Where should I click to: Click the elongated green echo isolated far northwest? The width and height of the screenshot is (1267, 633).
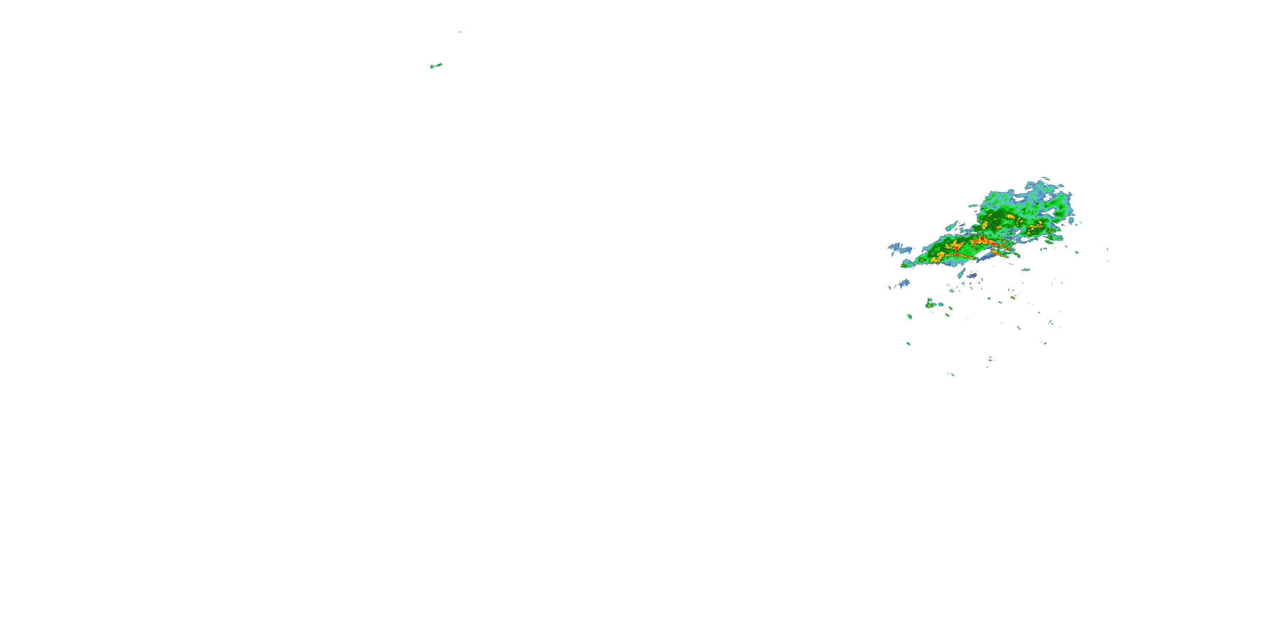click(435, 65)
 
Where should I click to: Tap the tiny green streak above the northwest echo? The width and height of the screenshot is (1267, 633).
click(459, 32)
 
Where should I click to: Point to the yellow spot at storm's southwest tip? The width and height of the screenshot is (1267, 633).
click(904, 266)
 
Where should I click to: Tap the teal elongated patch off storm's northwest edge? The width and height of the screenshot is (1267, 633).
click(952, 227)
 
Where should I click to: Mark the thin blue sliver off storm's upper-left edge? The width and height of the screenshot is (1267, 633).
click(973, 206)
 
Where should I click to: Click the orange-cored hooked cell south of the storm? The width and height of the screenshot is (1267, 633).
click(930, 304)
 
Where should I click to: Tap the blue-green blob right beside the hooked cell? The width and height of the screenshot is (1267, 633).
click(941, 305)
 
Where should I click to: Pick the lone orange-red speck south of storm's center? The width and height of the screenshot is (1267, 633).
click(1013, 298)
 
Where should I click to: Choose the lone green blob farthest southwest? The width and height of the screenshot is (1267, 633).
click(908, 344)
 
